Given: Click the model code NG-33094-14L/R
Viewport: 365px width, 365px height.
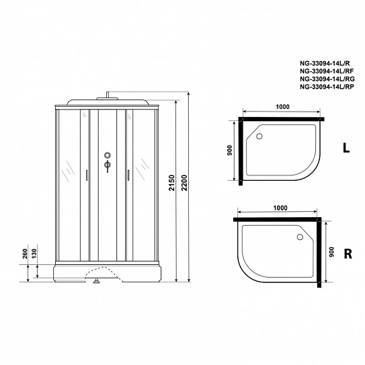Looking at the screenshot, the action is click(x=325, y=63).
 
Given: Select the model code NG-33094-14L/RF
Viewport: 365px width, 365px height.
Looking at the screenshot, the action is click(x=327, y=71).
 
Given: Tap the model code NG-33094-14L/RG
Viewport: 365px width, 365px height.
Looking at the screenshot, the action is click(x=327, y=79).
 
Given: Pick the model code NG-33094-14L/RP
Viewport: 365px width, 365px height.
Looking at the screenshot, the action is click(x=327, y=87).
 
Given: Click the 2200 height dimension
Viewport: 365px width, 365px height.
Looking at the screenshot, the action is click(x=184, y=183).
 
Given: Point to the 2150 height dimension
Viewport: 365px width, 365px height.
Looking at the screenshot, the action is click(x=172, y=183).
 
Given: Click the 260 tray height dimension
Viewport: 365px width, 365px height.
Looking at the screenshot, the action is click(x=25, y=253).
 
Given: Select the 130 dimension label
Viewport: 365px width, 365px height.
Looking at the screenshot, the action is click(x=34, y=253).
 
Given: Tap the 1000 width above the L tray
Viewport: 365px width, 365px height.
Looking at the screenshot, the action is click(x=282, y=107).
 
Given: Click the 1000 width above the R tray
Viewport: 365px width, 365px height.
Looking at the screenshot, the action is click(x=280, y=208).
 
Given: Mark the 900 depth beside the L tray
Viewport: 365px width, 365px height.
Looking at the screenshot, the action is click(x=229, y=150).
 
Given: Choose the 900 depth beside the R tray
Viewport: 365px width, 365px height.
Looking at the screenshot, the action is click(x=331, y=252).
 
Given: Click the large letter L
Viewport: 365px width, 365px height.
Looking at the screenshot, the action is click(x=346, y=147).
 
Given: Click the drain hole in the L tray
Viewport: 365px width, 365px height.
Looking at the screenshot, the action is click(x=259, y=136).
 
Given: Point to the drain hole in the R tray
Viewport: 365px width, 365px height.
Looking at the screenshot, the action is click(x=300, y=237).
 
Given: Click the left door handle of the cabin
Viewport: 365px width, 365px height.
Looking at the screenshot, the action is click(x=87, y=175).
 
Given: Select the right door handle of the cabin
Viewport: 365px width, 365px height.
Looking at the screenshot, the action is click(x=128, y=175).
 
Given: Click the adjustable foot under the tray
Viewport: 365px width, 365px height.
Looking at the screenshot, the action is click(x=96, y=282).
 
